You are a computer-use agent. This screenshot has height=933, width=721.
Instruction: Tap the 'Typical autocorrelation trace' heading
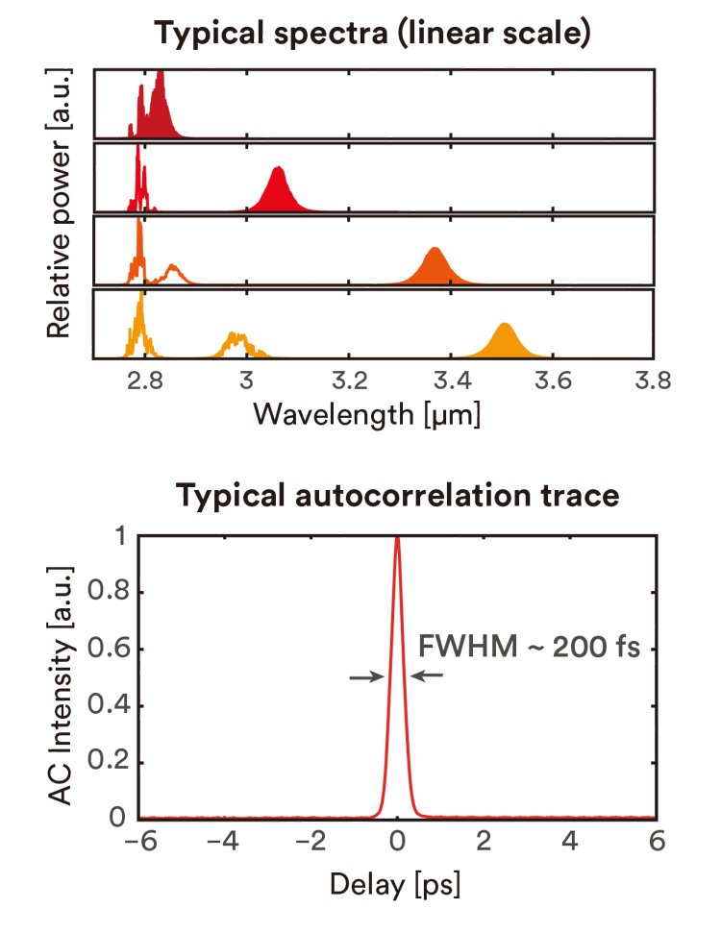point(397,498)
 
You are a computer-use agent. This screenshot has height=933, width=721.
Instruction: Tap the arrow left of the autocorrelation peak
point(365,676)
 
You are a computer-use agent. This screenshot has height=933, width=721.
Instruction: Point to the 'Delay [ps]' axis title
point(397,881)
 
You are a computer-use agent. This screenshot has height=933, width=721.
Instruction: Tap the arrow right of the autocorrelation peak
point(429,676)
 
